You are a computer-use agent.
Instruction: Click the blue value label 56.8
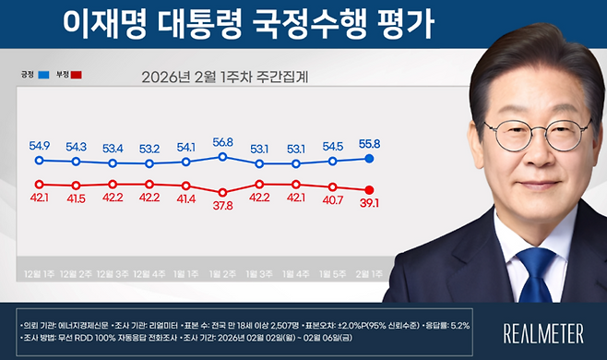(223, 143)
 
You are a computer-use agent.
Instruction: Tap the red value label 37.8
(223, 206)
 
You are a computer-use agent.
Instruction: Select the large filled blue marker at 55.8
(369, 159)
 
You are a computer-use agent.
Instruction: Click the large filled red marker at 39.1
(369, 189)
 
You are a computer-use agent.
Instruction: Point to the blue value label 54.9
(39, 146)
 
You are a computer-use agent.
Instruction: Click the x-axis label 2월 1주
(369, 274)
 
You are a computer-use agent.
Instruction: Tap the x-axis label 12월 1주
(39, 274)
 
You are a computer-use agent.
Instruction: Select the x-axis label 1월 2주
(223, 274)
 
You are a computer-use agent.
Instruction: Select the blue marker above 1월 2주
(223, 157)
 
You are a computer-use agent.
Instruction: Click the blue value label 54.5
(333, 146)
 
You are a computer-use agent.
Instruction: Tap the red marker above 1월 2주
(223, 192)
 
